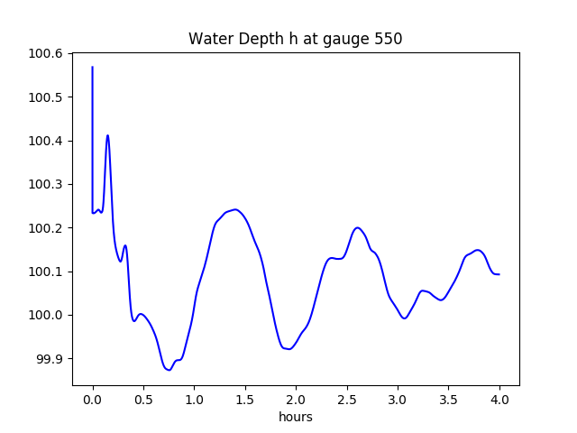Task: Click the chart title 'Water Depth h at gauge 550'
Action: (295, 39)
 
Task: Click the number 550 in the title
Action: (389, 39)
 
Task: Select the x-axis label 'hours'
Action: (296, 417)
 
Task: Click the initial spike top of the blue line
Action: (93, 67)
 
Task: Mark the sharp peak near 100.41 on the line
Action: (108, 136)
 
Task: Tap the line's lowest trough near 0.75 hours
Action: (169, 370)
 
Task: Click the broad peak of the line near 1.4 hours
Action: (234, 209)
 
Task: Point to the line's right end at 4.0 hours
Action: (499, 274)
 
